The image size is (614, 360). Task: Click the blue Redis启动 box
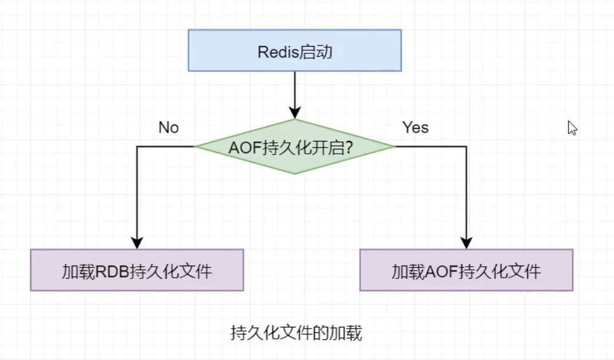point(295,51)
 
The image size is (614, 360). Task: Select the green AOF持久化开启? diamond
point(295,146)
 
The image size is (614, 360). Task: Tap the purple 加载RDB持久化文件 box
point(137,270)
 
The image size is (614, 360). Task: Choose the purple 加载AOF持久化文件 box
point(466,270)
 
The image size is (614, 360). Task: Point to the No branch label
point(169,127)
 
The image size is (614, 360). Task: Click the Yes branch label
point(416,127)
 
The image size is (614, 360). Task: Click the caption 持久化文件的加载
point(296,333)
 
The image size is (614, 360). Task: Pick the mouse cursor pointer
point(572,127)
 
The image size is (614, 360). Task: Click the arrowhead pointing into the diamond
point(295,113)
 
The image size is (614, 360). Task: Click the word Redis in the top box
point(275,52)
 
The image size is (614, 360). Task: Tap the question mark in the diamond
point(349,147)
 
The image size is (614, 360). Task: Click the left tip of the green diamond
point(195,146)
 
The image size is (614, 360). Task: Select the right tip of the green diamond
point(394,146)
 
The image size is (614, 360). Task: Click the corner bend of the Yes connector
point(466,146)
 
